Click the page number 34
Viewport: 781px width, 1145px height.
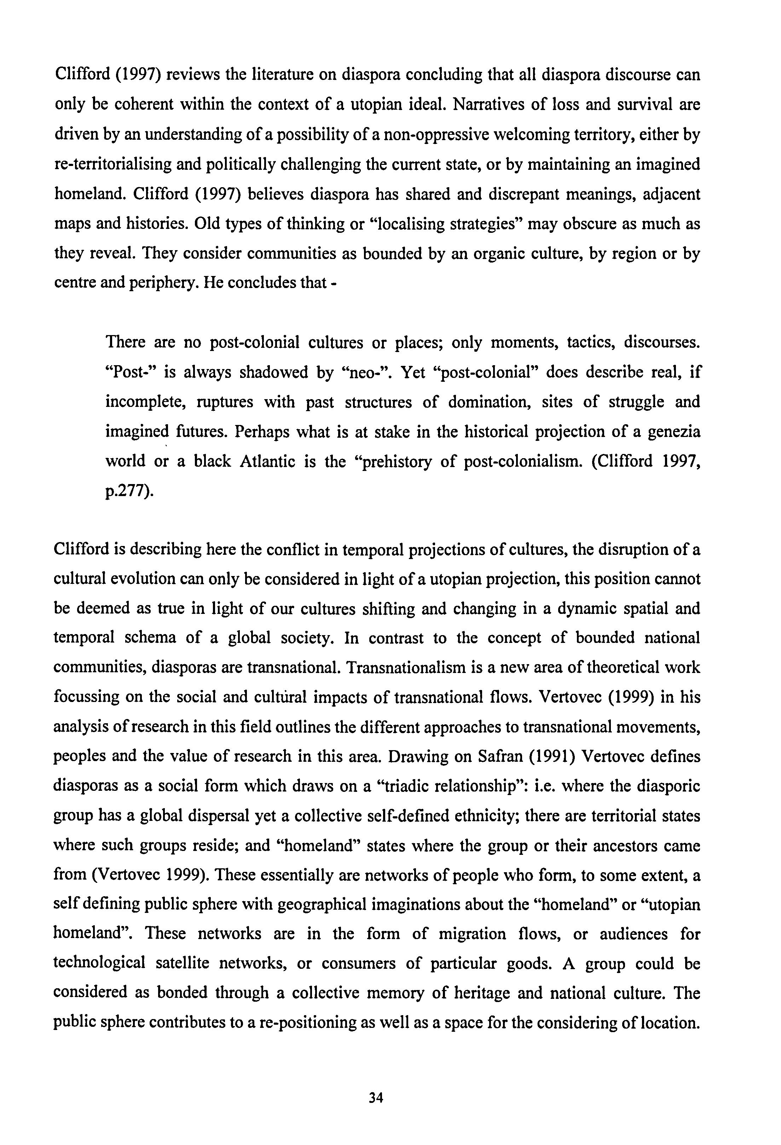376,1098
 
